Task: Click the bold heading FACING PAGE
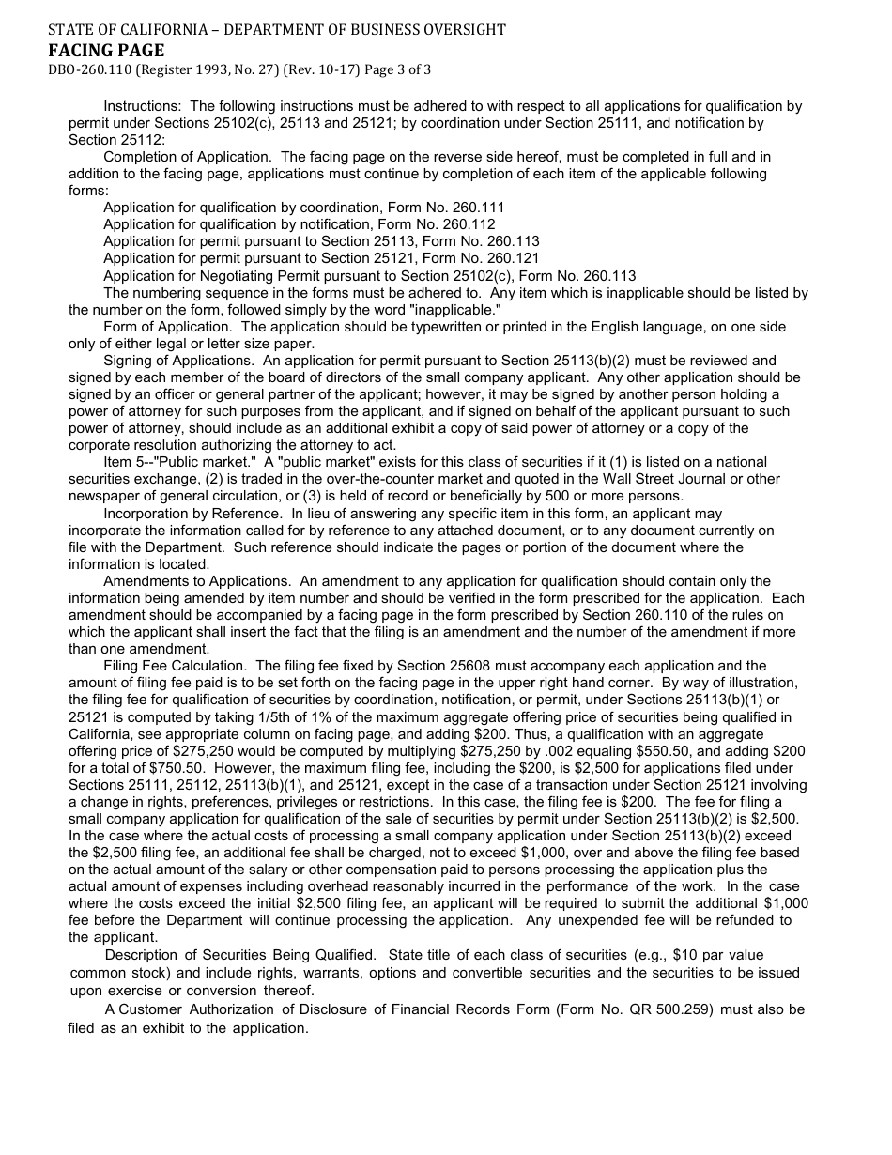click(x=106, y=51)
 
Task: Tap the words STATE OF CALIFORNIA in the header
click(x=114, y=30)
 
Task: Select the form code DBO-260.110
click(x=91, y=70)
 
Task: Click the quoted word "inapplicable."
click(x=451, y=310)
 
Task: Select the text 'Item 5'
click(x=123, y=462)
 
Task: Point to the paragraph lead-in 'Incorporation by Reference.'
click(x=192, y=514)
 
